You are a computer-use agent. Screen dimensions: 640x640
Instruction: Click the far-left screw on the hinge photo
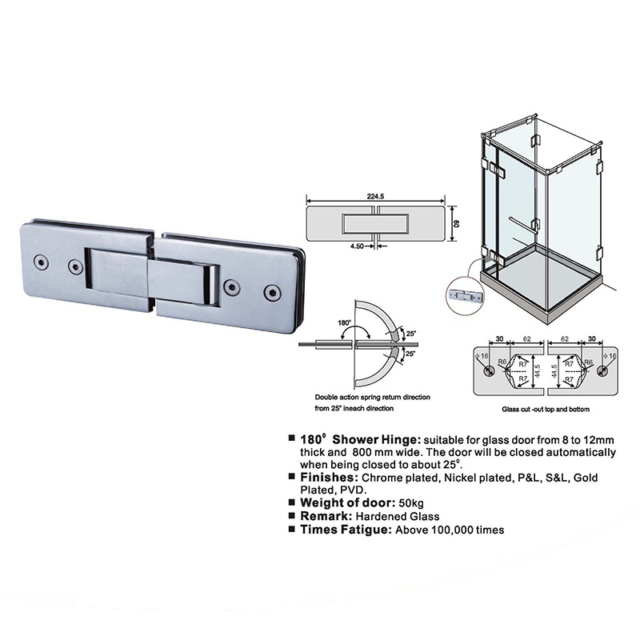(x=41, y=262)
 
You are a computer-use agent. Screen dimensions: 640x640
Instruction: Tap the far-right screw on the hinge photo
(x=271, y=292)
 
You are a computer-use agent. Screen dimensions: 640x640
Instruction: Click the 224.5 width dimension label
(x=375, y=196)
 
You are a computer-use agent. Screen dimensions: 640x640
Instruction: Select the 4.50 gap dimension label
(x=357, y=246)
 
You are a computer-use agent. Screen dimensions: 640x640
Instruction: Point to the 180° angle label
(x=344, y=322)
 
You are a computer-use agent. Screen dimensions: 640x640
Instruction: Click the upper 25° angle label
(x=410, y=334)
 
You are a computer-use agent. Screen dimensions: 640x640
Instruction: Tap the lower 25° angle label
(x=410, y=354)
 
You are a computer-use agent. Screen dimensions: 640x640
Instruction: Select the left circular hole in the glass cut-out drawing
(x=489, y=371)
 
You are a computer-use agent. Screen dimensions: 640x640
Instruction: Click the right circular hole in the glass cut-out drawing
(x=602, y=371)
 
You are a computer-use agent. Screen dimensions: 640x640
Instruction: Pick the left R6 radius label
(x=502, y=362)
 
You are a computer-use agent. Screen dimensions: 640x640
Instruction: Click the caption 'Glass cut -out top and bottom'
(x=546, y=409)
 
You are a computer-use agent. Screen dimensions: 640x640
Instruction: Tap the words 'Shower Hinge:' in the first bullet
(x=376, y=439)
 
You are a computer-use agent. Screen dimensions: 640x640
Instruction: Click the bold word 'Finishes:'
(x=330, y=477)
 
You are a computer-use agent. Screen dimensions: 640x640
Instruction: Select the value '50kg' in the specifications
(x=411, y=503)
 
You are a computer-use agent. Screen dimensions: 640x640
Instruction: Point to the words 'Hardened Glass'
(x=398, y=516)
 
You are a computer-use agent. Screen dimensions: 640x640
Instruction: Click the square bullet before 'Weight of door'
(x=291, y=502)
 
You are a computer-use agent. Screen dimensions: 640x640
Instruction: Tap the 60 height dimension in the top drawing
(x=457, y=224)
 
